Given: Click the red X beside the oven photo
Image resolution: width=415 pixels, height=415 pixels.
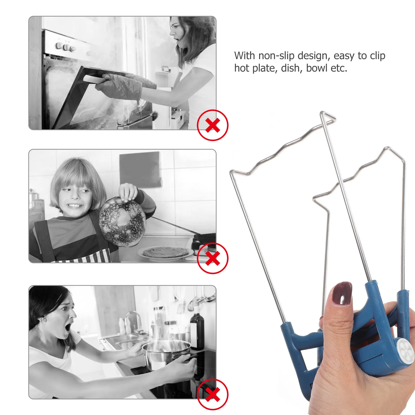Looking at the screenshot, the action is tap(213, 125).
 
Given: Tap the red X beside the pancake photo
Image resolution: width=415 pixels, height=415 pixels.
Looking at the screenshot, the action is tap(213, 258).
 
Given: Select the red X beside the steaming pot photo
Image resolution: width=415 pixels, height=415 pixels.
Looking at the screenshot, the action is tap(213, 395).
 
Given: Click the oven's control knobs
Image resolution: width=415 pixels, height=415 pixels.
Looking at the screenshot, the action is tap(65, 47).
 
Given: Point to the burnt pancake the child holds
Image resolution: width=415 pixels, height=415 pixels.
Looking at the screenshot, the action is tap(122, 222).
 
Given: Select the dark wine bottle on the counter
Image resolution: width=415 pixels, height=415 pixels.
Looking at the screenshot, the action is tap(197, 331).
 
